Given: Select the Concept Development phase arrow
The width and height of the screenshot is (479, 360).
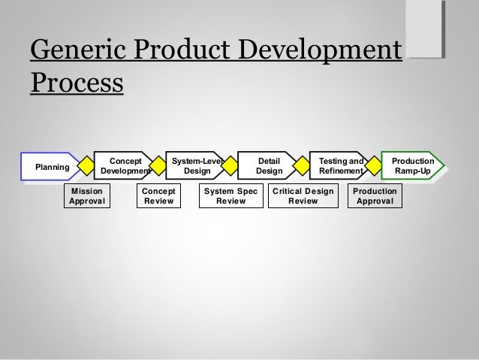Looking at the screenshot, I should tap(125, 166).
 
